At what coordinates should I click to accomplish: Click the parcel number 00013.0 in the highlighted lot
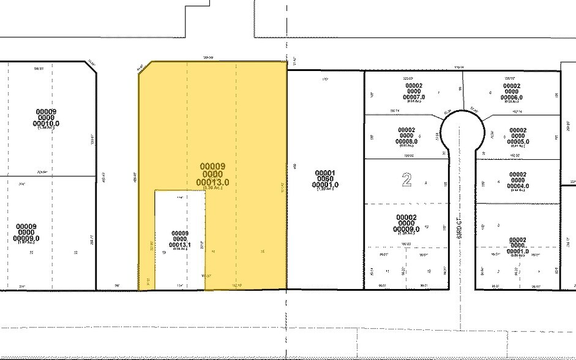click(212, 182)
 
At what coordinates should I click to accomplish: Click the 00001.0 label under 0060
click(325, 185)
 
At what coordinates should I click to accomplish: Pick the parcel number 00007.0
click(414, 98)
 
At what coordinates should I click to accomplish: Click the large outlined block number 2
click(406, 179)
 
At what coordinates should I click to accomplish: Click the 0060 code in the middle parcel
click(325, 178)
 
